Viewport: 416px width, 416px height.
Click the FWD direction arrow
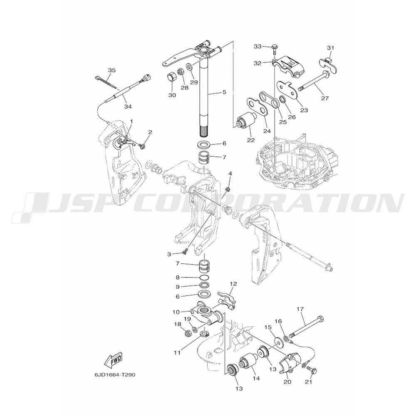click(113, 360)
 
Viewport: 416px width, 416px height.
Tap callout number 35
click(111, 70)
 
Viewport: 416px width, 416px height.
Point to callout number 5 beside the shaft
click(224, 92)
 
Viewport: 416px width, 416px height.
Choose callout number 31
click(330, 48)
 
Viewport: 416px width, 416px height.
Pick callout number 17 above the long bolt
click(300, 309)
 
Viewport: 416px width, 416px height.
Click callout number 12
click(233, 284)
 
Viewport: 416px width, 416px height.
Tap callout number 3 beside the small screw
click(169, 254)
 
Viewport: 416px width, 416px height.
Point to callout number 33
click(258, 46)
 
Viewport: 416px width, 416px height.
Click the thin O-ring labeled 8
click(204, 278)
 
